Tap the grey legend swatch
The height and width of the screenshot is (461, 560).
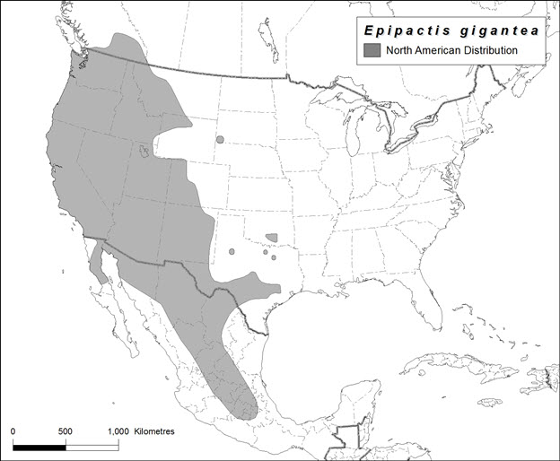pyautogui.click(x=372, y=50)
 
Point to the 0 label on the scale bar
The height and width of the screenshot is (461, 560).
pyautogui.click(x=13, y=431)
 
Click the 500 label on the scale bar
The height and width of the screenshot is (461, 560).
pyautogui.click(x=66, y=431)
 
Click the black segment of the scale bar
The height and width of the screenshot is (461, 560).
pyautogui.click(x=39, y=444)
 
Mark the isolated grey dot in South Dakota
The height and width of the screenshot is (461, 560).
pyautogui.click(x=219, y=140)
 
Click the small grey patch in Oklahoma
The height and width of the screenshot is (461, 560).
pyautogui.click(x=273, y=238)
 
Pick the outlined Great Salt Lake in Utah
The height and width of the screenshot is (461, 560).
pyautogui.click(x=145, y=152)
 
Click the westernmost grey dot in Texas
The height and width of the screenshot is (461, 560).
pyautogui.click(x=232, y=252)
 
